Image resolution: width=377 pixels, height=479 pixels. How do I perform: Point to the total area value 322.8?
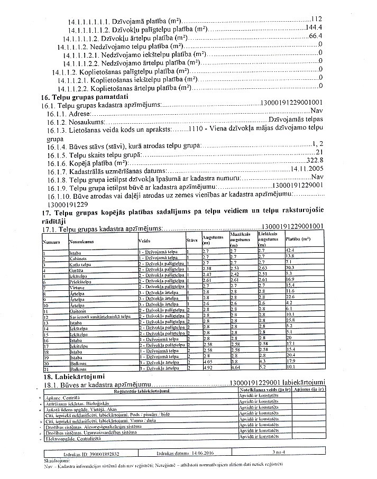pos(315,160)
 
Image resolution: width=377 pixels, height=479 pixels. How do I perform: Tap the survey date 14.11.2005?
pos(307,169)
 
